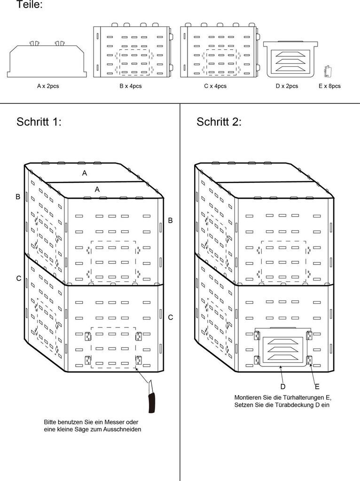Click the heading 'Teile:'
click(x=30, y=5)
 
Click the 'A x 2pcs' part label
click(x=48, y=86)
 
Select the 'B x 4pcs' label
click(x=131, y=86)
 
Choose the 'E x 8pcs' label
click(x=329, y=86)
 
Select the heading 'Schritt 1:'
click(x=39, y=122)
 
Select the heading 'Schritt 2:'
click(x=219, y=122)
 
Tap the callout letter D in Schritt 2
click(x=283, y=386)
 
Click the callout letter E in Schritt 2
click(x=317, y=386)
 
